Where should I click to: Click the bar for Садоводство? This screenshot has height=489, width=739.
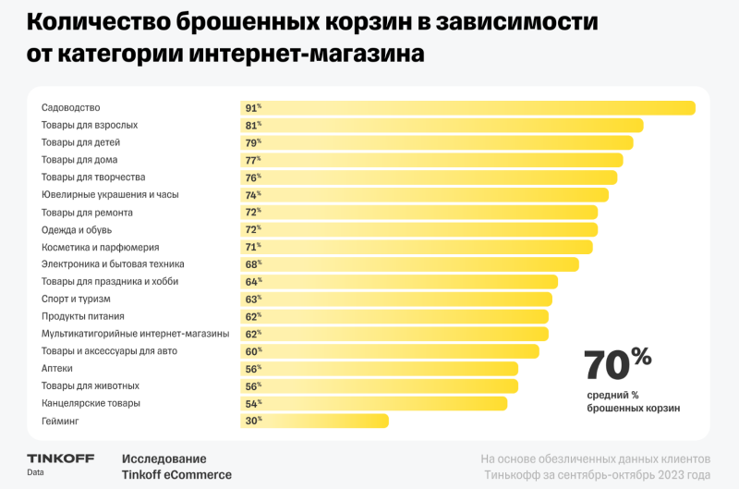click(466, 108)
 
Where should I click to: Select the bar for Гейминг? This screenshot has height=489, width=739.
click(314, 421)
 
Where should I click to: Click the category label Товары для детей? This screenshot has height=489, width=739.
click(80, 142)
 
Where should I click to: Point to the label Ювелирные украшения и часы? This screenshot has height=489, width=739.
click(110, 195)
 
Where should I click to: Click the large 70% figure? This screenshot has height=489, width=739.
click(618, 364)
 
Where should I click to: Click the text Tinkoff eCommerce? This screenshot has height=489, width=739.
click(176, 475)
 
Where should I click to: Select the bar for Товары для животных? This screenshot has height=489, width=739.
click(379, 385)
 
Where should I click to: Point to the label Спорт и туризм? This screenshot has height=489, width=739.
click(76, 299)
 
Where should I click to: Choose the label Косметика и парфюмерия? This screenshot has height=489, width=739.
click(101, 247)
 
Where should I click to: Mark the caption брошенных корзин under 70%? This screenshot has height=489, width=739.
click(633, 408)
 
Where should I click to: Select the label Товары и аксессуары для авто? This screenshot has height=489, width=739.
click(109, 351)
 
